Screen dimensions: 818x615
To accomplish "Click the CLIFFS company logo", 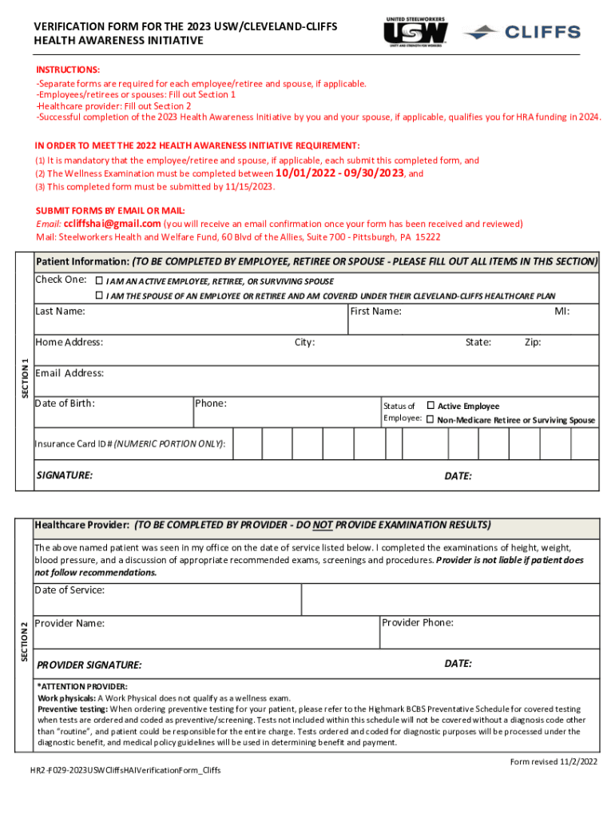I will coord(522,32).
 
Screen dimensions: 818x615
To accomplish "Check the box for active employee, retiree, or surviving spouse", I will coord(99,281).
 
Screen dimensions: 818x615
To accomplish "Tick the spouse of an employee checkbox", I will coord(99,296).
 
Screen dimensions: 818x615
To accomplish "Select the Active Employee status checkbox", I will coord(430,406).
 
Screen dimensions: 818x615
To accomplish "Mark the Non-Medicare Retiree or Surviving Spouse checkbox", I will coord(430,419).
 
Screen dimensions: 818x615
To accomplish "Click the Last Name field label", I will coord(60,311).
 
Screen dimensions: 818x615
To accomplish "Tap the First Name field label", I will coord(375,311).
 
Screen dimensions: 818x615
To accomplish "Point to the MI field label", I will coord(562,311).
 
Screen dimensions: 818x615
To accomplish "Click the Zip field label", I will coord(533,342).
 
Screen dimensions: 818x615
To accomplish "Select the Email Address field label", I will coord(69,373).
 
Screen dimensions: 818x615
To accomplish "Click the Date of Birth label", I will coord(65,403).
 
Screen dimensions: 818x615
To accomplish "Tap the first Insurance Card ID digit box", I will coord(247,443).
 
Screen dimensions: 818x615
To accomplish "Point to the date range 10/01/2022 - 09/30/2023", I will coord(340,173).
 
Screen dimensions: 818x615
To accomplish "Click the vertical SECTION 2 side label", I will coord(24,640).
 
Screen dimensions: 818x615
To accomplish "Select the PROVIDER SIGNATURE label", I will coord(89,665).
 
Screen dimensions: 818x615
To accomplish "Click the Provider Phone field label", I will coord(418,622).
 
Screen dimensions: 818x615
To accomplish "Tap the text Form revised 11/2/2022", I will coord(553,762).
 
